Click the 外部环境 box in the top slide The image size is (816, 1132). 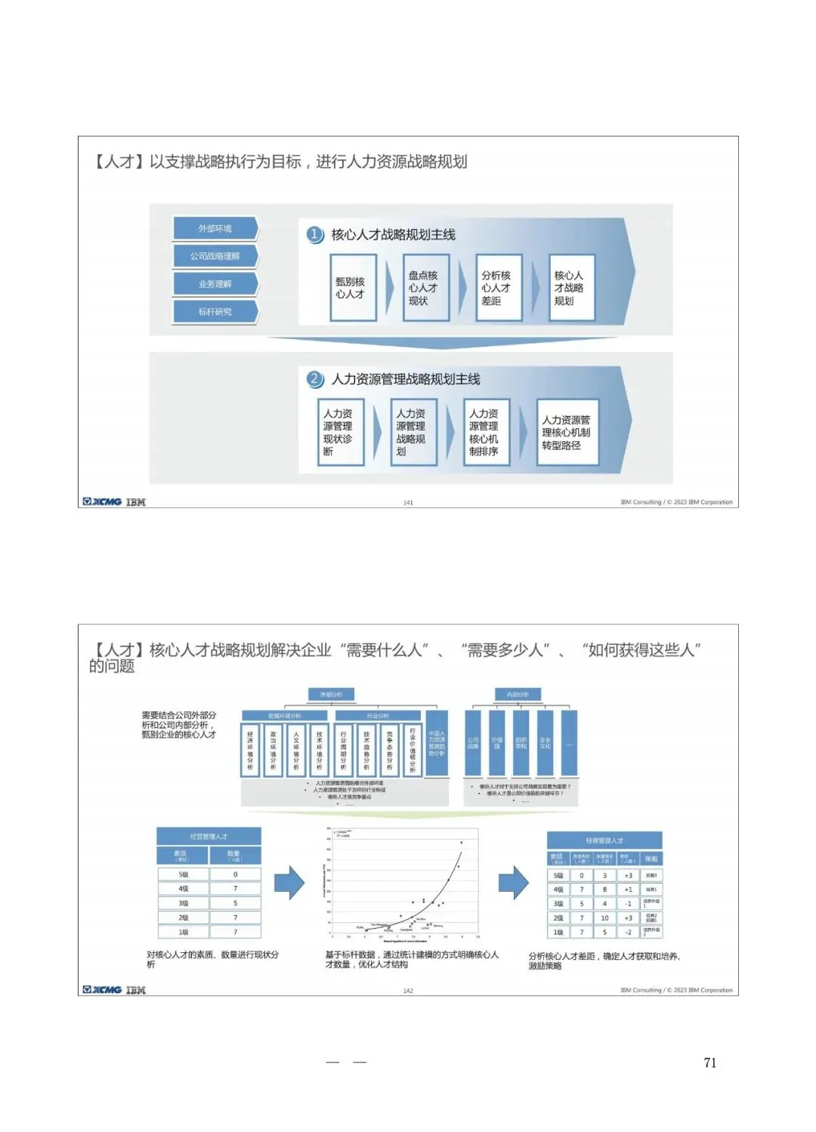(215, 228)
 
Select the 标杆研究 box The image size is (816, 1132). (215, 311)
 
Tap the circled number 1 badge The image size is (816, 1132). (315, 234)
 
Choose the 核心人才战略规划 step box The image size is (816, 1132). (571, 288)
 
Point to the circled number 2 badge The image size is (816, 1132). (315, 378)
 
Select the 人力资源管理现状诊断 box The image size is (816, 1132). (342, 432)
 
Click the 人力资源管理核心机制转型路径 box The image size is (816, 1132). (567, 432)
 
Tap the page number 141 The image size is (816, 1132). (408, 502)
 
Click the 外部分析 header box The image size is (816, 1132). (331, 694)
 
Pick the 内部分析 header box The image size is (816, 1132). (518, 694)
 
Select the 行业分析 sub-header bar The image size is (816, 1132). (378, 715)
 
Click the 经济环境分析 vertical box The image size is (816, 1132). (251, 750)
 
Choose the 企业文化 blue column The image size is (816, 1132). (545, 743)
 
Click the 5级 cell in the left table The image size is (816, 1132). (184, 874)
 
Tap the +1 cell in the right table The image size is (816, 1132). (628, 890)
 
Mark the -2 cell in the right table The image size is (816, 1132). (628, 932)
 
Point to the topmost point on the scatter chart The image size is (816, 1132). (462, 843)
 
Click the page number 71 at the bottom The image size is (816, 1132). (709, 1063)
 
